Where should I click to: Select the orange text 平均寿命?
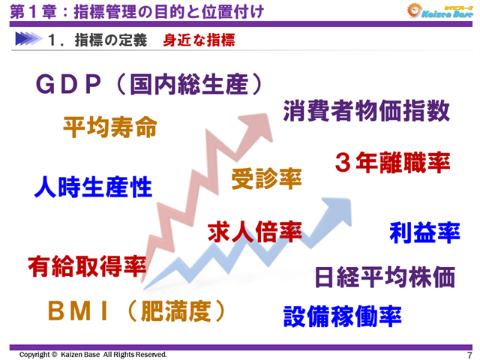point(109,126)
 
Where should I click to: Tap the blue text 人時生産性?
point(93,186)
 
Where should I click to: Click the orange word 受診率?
point(266,178)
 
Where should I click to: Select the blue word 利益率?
point(424,232)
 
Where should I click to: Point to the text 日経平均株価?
point(385,277)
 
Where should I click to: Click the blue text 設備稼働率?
point(342,316)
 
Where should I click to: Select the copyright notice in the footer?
point(93,354)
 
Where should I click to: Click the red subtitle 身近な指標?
point(199,40)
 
